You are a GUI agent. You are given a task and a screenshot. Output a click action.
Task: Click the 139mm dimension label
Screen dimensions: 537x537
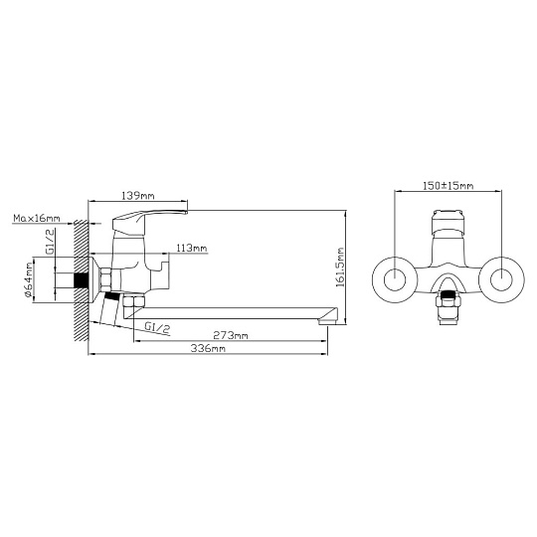(138, 196)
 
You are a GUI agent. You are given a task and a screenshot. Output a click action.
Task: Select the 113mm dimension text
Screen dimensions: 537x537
(191, 248)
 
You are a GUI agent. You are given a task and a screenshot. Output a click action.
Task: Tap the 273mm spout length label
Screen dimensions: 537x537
(231, 335)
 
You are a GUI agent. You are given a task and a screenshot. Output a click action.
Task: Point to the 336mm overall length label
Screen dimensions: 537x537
(208, 349)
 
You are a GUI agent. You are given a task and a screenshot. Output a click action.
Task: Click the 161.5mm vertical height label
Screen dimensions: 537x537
(340, 268)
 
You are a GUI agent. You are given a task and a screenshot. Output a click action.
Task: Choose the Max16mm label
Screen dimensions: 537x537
(37, 218)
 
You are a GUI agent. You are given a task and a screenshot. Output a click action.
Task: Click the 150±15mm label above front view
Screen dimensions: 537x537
(448, 186)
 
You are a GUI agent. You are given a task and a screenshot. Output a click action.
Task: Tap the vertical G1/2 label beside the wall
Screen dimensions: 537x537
(50, 242)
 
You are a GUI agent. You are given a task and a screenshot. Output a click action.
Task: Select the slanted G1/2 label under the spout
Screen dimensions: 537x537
(157, 327)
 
